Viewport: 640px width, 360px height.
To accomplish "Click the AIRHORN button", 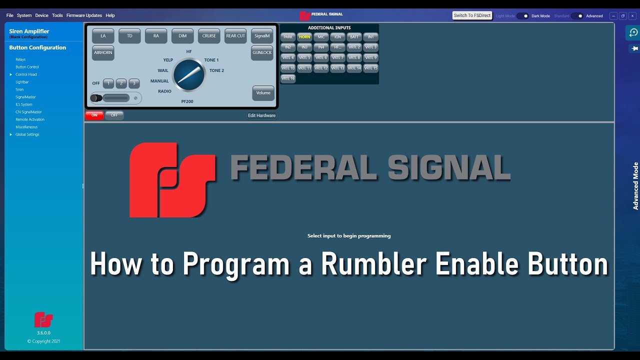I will tap(103, 52).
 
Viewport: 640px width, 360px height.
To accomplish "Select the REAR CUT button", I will tap(235, 36).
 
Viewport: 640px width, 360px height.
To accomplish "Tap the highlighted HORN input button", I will tap(304, 37).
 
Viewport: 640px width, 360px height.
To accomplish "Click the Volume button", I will tap(263, 93).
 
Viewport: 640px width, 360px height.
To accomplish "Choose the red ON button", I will tap(94, 115).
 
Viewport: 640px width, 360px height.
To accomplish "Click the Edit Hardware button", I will tap(261, 115).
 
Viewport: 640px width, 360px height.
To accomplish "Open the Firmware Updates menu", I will tap(84, 15).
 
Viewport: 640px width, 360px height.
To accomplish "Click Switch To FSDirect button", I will tap(472, 15).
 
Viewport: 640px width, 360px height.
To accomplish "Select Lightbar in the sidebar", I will tap(22, 82).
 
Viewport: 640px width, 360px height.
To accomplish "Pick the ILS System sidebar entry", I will tap(24, 104).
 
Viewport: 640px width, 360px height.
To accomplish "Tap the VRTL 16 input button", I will tap(288, 78).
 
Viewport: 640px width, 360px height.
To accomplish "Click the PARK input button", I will tap(288, 37).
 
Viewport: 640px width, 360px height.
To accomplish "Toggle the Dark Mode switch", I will tap(522, 16).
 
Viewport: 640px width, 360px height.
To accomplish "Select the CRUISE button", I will tap(209, 36).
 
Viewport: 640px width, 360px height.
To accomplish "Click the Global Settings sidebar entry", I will tap(27, 134).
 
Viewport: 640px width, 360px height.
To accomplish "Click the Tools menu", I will tap(57, 15).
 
